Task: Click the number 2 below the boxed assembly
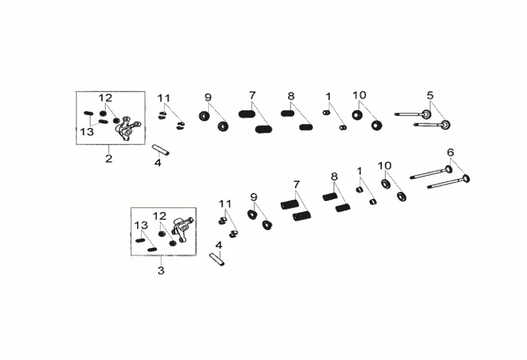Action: [x=109, y=158]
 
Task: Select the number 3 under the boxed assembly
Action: [x=161, y=270]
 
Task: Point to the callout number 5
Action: [x=430, y=95]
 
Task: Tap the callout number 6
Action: [x=451, y=152]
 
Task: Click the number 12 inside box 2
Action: [x=105, y=98]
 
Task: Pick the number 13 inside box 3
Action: [x=141, y=225]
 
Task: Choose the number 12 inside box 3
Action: [x=159, y=216]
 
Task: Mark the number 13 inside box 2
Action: [x=87, y=132]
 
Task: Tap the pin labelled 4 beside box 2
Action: [x=161, y=150]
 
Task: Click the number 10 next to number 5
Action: [x=359, y=95]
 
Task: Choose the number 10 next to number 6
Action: [x=385, y=165]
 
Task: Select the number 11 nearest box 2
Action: [x=163, y=98]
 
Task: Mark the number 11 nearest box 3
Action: [x=225, y=203]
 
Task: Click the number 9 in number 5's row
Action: [x=208, y=98]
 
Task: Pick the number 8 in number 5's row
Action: [x=291, y=96]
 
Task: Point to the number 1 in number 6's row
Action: [x=359, y=171]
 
